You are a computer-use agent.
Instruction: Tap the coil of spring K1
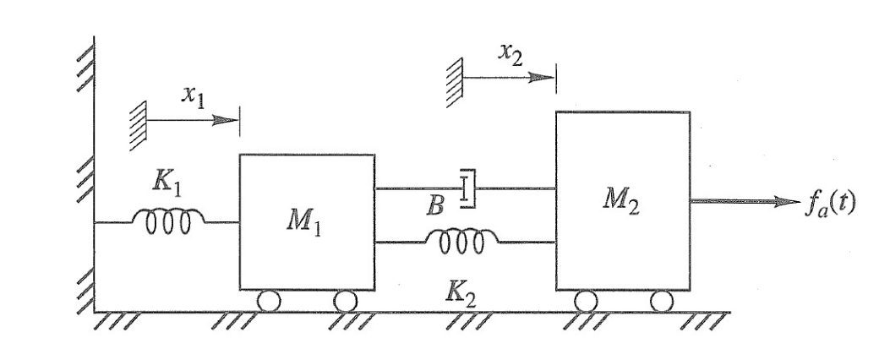(167, 221)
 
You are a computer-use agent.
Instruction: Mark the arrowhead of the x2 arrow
(542, 76)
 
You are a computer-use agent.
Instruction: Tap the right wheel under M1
(345, 300)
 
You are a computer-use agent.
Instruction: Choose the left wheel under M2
(585, 300)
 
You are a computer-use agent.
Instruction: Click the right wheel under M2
(661, 300)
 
